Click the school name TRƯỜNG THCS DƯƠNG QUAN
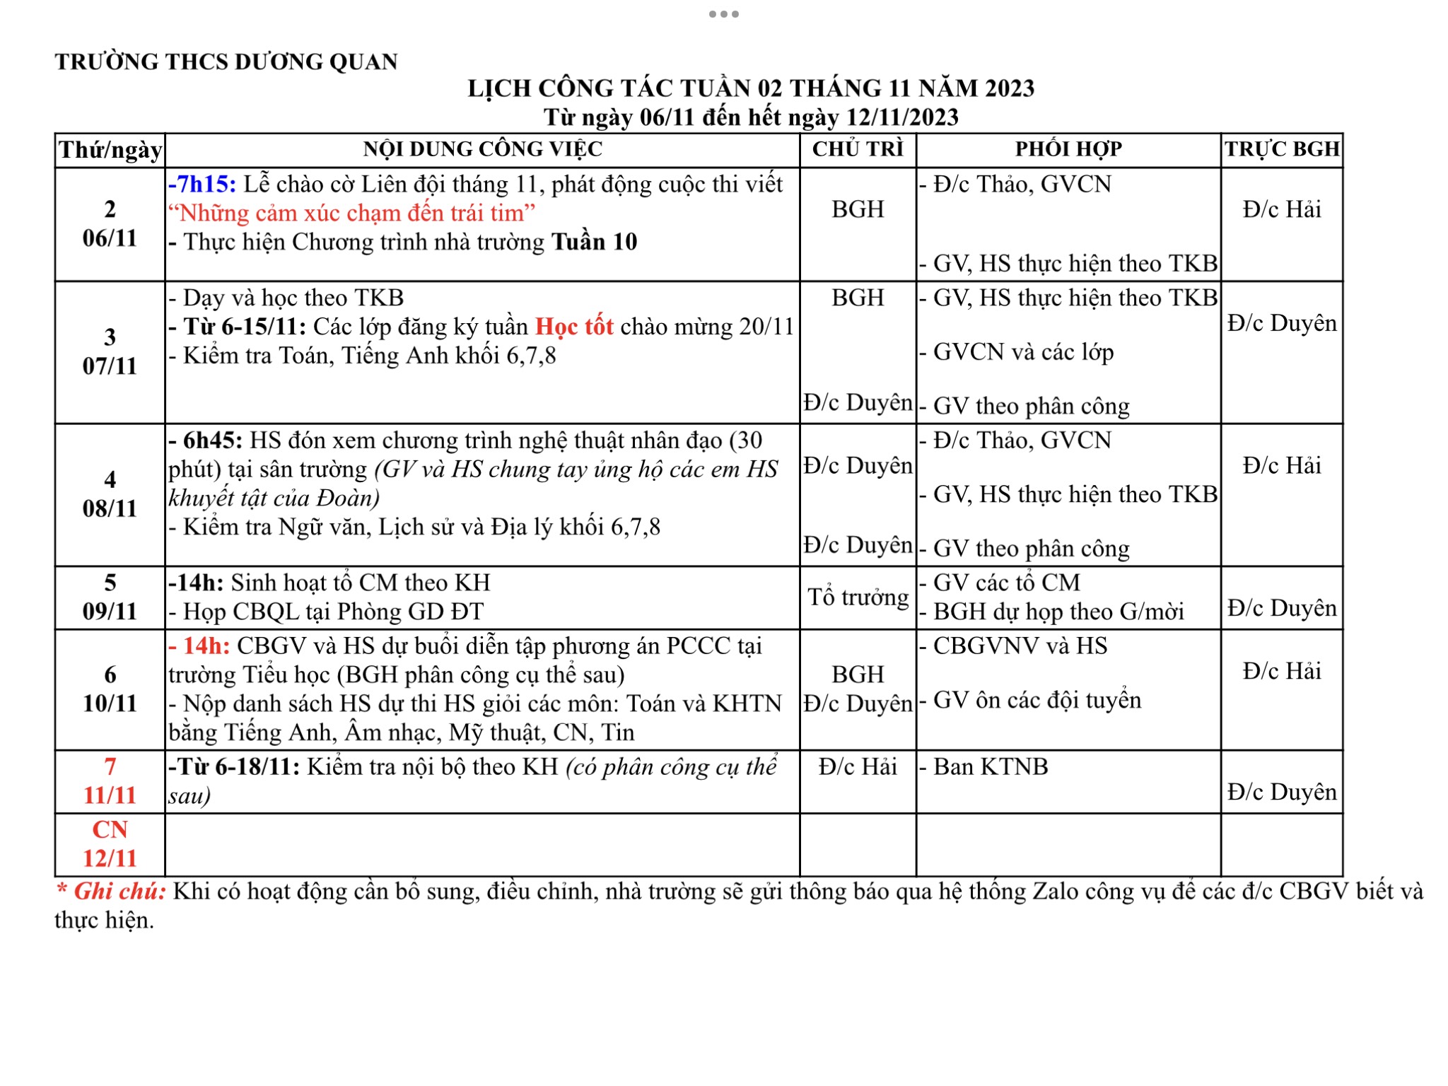[x=226, y=62]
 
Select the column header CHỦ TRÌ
[x=858, y=149]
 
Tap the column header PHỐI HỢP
[x=1068, y=149]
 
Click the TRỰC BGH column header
[x=1282, y=149]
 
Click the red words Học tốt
[x=574, y=327]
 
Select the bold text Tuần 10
[x=594, y=243]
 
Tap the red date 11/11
[x=110, y=795]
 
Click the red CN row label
[x=110, y=829]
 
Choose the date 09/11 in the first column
[x=110, y=611]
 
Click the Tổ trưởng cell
[x=858, y=597]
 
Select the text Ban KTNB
[x=990, y=767]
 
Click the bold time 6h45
[x=212, y=440]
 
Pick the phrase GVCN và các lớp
[x=1022, y=352]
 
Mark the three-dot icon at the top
[x=724, y=14]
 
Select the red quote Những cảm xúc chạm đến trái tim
[x=351, y=214]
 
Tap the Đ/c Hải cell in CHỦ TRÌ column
[x=858, y=767]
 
